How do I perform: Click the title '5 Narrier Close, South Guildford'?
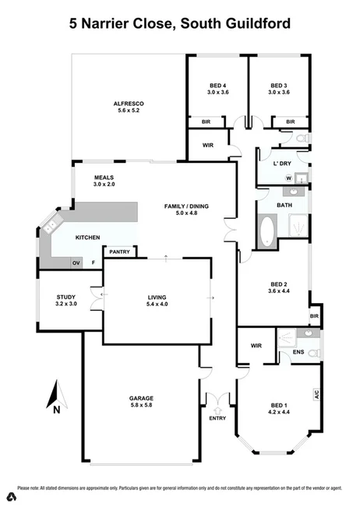(x=180, y=24)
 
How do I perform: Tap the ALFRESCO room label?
(x=129, y=104)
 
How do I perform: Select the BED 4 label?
(x=217, y=85)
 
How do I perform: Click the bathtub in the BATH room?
(x=266, y=231)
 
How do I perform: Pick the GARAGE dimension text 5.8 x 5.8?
(x=141, y=406)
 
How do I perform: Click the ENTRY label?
(x=217, y=418)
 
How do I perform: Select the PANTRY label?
(x=119, y=252)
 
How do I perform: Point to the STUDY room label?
(x=65, y=296)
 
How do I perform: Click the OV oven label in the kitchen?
(x=76, y=264)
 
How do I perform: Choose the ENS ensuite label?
(x=298, y=352)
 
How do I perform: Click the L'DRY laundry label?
(x=281, y=164)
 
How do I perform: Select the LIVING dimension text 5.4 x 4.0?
(x=157, y=305)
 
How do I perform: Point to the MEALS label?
(x=104, y=177)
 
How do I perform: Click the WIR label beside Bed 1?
(x=256, y=345)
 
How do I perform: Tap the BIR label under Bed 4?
(x=206, y=122)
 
